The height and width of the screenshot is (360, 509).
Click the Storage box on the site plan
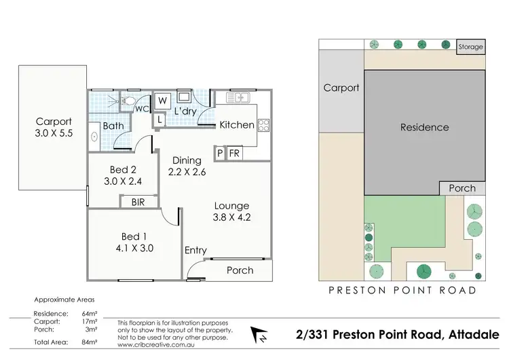point(470,47)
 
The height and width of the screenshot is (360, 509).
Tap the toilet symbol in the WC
point(126,101)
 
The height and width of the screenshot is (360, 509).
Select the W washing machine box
point(163,101)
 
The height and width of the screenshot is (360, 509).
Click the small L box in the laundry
point(159,120)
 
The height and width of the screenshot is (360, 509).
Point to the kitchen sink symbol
point(240,99)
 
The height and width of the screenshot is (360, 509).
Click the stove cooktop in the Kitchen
point(263,124)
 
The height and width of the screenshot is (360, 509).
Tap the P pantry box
point(219,154)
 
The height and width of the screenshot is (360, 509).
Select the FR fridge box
point(234,154)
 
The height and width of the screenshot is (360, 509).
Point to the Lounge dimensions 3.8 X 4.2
point(231,219)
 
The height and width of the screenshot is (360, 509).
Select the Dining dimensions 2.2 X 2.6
point(187,172)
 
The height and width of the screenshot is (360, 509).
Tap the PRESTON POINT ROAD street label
point(402,290)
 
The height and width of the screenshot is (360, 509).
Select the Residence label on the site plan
point(424,127)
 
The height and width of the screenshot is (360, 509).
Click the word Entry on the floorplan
point(195,251)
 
